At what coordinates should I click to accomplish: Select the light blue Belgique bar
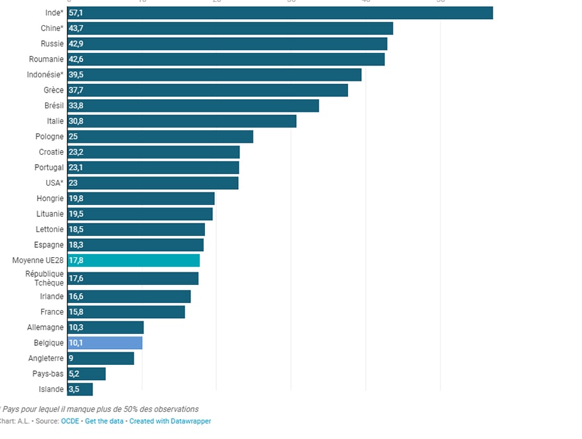105,343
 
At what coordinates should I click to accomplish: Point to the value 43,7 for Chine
76,28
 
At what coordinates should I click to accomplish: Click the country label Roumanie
46,60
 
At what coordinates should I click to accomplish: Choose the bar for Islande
80,389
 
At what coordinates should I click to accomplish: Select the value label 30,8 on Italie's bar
76,121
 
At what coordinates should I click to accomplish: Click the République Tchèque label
45,278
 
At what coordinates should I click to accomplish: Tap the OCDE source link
69,421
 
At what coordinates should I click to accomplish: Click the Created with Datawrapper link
170,421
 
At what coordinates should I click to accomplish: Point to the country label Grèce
54,90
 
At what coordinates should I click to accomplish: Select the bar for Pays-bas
87,374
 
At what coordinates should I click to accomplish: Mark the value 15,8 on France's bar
76,312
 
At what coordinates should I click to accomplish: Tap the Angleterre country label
46,358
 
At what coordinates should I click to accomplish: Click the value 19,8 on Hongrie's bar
76,198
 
